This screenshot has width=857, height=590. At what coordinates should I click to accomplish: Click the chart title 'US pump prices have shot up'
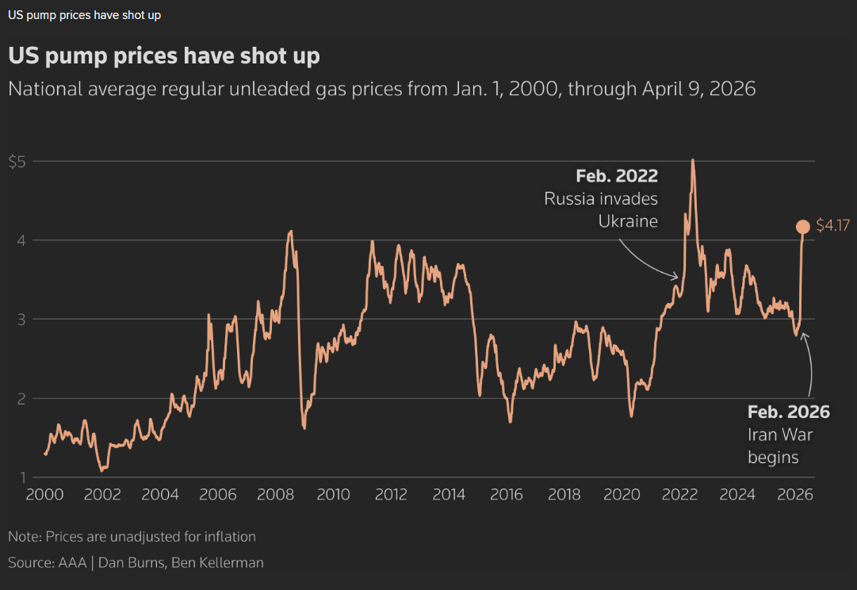click(x=164, y=56)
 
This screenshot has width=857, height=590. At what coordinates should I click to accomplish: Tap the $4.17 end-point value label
click(x=833, y=227)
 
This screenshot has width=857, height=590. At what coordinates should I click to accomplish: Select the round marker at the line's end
click(x=802, y=228)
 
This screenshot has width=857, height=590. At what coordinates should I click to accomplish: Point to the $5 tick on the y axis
click(x=17, y=162)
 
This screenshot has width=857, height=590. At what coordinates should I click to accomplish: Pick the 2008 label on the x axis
click(x=275, y=495)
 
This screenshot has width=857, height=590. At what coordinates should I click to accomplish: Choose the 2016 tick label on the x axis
click(x=506, y=495)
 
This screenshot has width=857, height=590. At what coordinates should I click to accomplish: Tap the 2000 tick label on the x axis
click(x=44, y=495)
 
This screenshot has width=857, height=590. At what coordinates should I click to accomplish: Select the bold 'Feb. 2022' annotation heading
click(x=617, y=175)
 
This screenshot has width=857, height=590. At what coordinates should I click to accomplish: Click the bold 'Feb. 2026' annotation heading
click(x=789, y=412)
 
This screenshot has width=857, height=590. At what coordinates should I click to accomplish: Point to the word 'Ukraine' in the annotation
click(x=628, y=220)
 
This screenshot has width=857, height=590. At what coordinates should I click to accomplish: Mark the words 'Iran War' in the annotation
click(x=781, y=435)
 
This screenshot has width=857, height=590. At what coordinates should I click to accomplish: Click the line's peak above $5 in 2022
click(x=693, y=160)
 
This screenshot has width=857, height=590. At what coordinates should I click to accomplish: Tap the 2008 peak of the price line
click(x=291, y=232)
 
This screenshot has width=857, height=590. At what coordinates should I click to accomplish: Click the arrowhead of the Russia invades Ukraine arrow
click(x=676, y=277)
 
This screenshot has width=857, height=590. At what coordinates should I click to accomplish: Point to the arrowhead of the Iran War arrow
click(x=803, y=335)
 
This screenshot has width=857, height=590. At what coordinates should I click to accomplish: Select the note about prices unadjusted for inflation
click(x=132, y=537)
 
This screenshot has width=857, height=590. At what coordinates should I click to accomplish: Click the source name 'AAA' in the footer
click(x=67, y=563)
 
